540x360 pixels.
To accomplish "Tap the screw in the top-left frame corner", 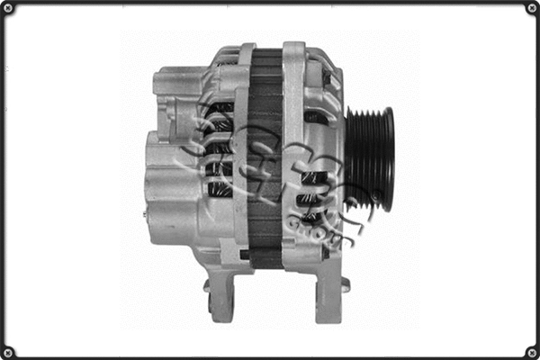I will [8, 8].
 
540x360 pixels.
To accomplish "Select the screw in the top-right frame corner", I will [531, 8].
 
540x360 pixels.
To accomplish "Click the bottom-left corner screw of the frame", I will [8, 351].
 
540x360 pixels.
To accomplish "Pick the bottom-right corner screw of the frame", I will [531, 351].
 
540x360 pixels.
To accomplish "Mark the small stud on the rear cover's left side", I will [145, 214].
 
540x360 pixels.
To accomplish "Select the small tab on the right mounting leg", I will [346, 285].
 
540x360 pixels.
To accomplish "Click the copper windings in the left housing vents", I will [219, 148].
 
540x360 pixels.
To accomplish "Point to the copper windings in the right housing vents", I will [310, 193].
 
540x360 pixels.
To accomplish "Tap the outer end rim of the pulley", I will [390, 157].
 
